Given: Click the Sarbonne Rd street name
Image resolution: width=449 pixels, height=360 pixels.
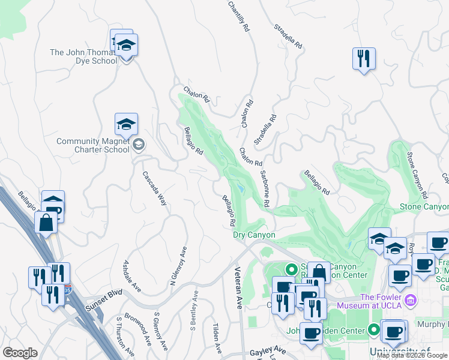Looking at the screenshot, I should click(x=264, y=188).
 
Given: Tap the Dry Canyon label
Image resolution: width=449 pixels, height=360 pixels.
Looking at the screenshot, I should click(x=254, y=235).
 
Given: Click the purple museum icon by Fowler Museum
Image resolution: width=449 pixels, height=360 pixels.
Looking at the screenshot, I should click(x=411, y=299).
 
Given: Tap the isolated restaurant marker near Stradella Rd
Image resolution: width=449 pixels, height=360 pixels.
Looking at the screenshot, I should click(x=364, y=59).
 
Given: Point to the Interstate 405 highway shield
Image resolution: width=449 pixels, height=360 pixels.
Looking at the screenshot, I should click(x=67, y=288).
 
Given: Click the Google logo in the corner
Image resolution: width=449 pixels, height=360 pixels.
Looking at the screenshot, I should click(x=20, y=353).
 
